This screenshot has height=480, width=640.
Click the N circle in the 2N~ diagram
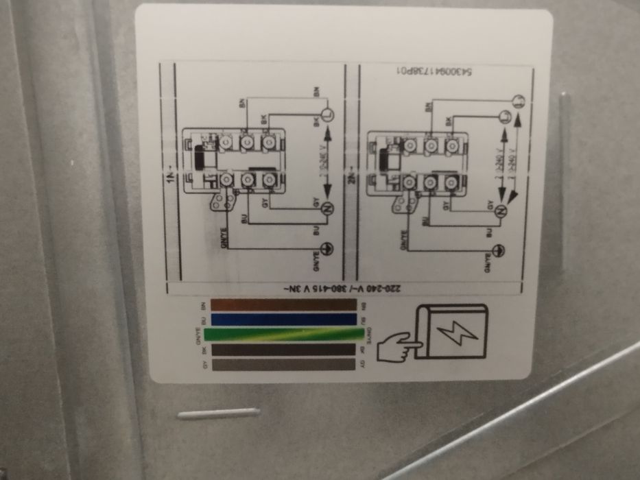point(500,211)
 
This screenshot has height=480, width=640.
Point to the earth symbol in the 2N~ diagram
point(500,250)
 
